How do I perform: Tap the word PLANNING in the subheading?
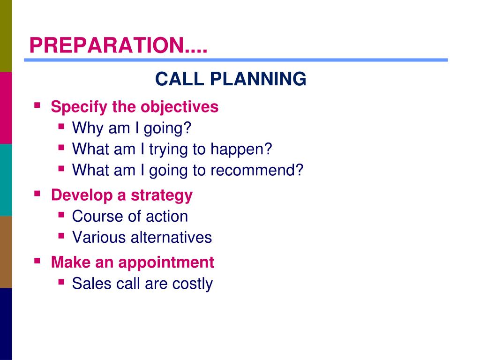point(258,79)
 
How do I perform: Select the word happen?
point(241,150)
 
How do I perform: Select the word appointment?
point(166,263)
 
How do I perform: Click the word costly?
point(192,284)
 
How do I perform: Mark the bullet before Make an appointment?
point(37,261)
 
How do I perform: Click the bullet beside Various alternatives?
point(61,236)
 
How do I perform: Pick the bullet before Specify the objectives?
point(37,105)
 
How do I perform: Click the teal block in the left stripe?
point(6,180)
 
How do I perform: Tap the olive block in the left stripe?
point(6,36)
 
